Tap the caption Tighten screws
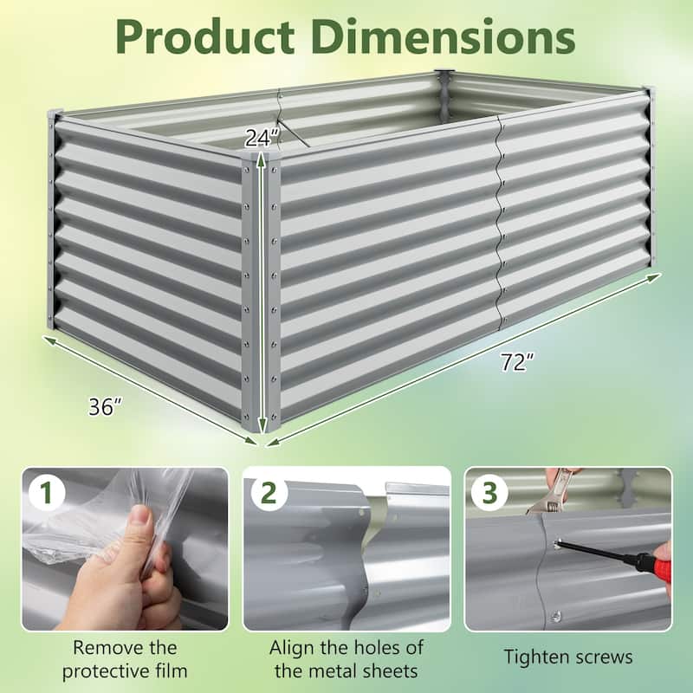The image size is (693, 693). click(x=568, y=657)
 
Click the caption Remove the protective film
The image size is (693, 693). click(x=126, y=657)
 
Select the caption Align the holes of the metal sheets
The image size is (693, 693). click(x=346, y=657)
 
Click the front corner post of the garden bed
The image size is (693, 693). click(x=260, y=295)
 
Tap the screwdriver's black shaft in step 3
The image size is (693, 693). click(x=598, y=553)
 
